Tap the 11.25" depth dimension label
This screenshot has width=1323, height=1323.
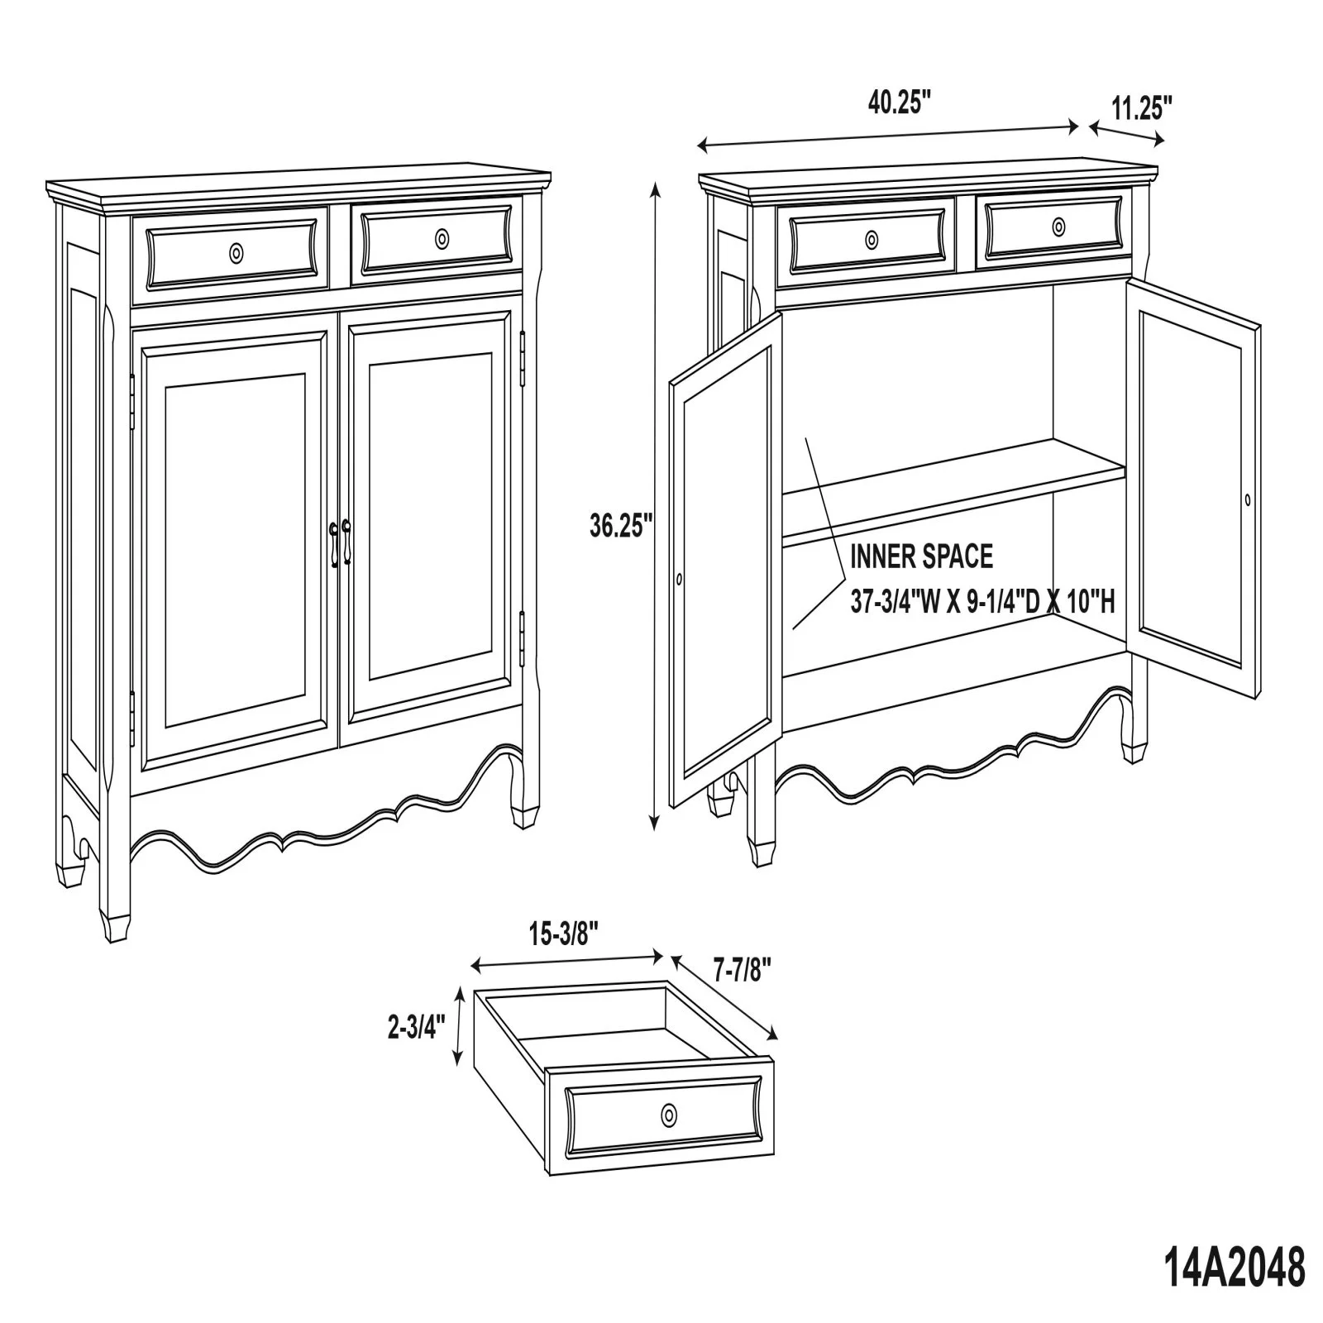(x=1142, y=108)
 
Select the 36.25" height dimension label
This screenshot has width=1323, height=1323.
(x=621, y=525)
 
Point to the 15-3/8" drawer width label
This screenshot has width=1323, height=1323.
(x=564, y=934)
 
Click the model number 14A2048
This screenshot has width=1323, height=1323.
(x=1235, y=1268)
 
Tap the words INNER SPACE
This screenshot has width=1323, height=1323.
(x=921, y=556)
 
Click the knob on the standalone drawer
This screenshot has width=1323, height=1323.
(x=667, y=1115)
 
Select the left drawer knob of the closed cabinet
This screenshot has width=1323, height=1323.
(x=237, y=252)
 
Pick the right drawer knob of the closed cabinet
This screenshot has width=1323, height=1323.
(x=442, y=239)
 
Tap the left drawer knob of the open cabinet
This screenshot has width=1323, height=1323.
(x=872, y=240)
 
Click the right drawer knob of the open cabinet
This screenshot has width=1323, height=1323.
(x=1058, y=226)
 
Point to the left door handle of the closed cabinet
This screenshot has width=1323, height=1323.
(x=334, y=544)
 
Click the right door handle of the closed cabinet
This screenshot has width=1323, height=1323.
(x=346, y=542)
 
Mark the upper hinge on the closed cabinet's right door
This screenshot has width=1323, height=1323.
(x=523, y=359)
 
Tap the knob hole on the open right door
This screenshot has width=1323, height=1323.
(x=1247, y=499)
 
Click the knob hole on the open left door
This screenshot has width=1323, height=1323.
(x=679, y=580)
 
